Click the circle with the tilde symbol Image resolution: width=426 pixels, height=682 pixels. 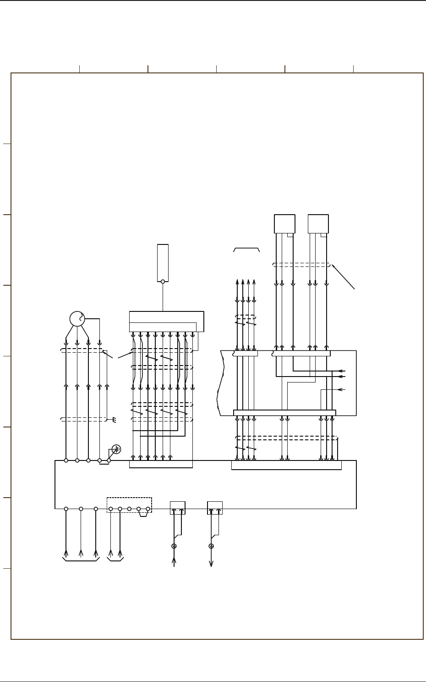pos(77,319)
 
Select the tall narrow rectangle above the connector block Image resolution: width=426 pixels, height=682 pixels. pos(163,262)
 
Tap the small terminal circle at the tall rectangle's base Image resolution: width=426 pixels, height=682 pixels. pos(163,282)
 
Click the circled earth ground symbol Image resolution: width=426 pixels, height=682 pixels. pos(116,449)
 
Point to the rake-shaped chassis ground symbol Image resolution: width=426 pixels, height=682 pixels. pos(115,419)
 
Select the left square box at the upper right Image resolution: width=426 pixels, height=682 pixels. pos(284,224)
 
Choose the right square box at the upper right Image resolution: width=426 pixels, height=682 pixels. pos(318,224)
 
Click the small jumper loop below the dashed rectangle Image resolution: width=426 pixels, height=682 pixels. pos(143,514)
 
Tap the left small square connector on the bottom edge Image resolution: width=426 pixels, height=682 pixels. pos(178,508)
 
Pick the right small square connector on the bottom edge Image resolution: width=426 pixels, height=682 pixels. pos(215,508)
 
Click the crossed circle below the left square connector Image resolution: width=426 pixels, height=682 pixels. pos(174,546)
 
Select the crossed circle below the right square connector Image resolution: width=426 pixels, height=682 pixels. pos(211,546)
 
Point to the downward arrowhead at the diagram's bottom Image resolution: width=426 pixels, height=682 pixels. pos(211,564)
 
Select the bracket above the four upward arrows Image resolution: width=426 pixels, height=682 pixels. pos(246,249)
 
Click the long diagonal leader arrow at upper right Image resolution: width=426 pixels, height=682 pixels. pos(344,277)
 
